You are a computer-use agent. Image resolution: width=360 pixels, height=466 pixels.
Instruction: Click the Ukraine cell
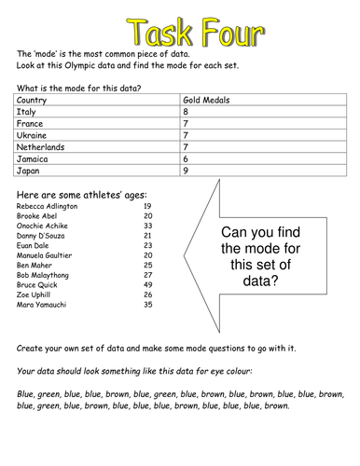pos(33,134)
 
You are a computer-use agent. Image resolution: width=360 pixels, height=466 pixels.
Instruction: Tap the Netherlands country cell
pos(41,146)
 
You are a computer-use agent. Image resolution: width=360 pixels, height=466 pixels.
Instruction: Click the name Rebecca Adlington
pos(46,206)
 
